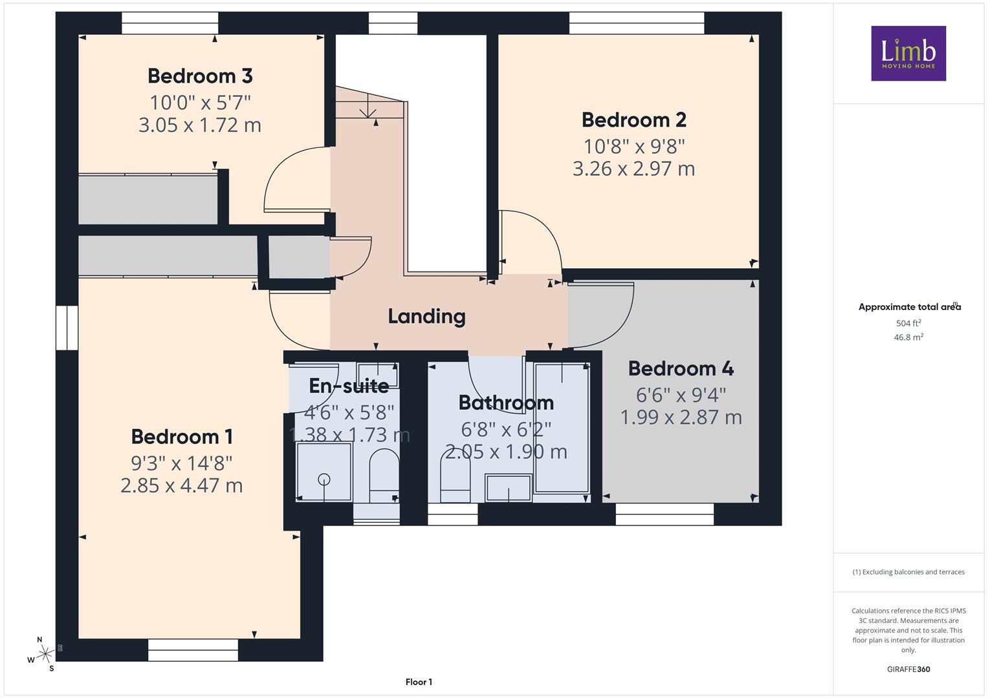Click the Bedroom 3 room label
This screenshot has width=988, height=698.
pyautogui.click(x=200, y=76)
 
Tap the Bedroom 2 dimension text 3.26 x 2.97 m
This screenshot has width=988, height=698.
pyautogui.click(x=634, y=169)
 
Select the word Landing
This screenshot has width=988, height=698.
pyautogui.click(x=426, y=317)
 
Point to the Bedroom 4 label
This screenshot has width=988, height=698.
pyautogui.click(x=681, y=368)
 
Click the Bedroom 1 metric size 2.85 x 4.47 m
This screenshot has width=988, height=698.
pyautogui.click(x=182, y=485)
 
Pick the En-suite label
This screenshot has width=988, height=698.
pyautogui.click(x=349, y=386)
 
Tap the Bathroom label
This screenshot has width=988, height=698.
pyautogui.click(x=506, y=402)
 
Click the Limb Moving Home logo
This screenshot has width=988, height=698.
pyautogui.click(x=908, y=53)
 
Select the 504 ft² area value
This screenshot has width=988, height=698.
pyautogui.click(x=908, y=323)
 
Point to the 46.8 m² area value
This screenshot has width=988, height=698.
pyautogui.click(x=908, y=337)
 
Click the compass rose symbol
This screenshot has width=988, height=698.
pyautogui.click(x=45, y=654)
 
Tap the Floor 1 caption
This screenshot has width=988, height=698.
pyautogui.click(x=419, y=682)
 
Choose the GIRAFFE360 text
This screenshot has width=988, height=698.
pyautogui.click(x=908, y=669)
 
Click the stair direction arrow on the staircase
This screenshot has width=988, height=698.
pyautogui.click(x=368, y=109)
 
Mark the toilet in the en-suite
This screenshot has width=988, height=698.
pyautogui.click(x=384, y=476)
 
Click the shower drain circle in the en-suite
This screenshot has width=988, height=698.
pyautogui.click(x=324, y=479)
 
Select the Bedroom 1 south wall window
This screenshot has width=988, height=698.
pyautogui.click(x=193, y=650)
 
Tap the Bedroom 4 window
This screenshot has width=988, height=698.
pyautogui.click(x=664, y=514)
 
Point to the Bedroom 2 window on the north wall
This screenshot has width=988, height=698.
pyautogui.click(x=637, y=23)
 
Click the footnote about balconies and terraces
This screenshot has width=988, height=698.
pyautogui.click(x=908, y=572)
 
